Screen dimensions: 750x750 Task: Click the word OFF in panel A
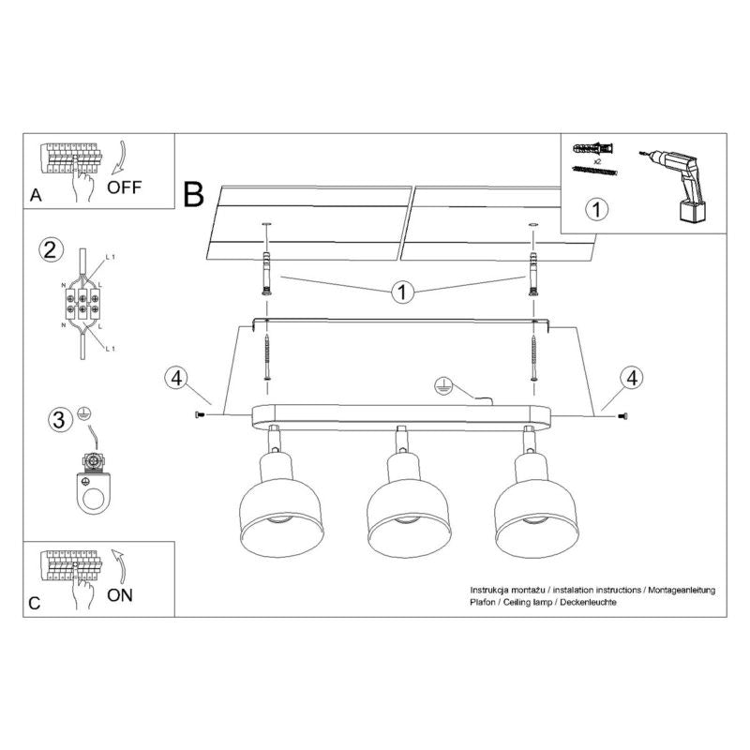(125, 186)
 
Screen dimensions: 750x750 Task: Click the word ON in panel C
(122, 594)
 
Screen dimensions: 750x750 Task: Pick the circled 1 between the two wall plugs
(401, 292)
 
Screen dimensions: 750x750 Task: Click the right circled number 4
(632, 378)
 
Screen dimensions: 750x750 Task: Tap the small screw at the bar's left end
(200, 414)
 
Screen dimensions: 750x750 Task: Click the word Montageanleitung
(680, 589)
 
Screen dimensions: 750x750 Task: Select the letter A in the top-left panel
(36, 196)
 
